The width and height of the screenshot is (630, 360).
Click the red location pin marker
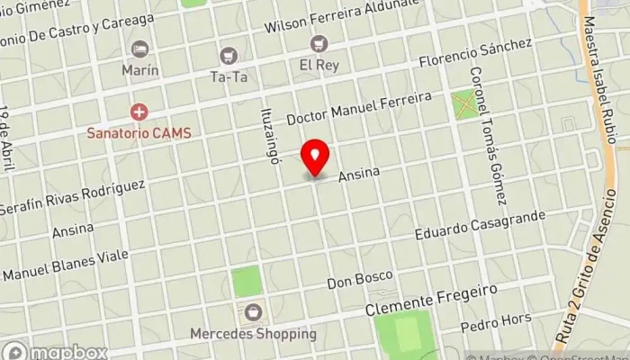coord(315,158)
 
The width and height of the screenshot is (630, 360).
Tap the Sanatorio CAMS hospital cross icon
coord(139,112)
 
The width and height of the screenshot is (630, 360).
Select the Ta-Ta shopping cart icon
coord(229,56)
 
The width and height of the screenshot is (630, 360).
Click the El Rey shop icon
coord(319,43)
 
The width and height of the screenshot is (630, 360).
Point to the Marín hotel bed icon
coord(139,49)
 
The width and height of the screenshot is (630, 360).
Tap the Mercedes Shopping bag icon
coord(253,312)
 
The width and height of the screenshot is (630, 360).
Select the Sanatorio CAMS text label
coord(139,131)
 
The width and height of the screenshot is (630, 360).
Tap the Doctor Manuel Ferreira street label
coord(359,107)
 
